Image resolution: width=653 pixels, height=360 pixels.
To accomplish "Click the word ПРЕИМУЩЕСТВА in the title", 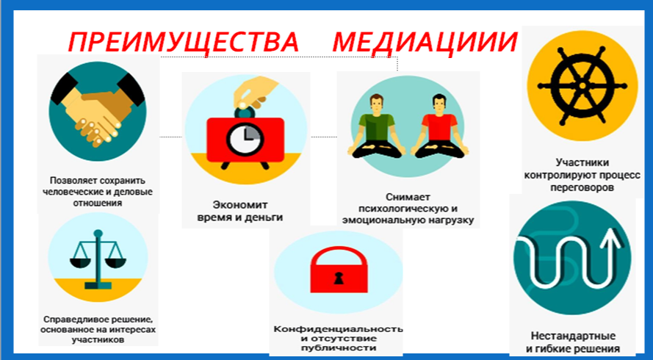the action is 184,42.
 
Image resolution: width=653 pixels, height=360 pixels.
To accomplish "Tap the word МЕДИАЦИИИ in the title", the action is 425,42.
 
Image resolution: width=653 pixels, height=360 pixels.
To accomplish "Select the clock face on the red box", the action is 245,140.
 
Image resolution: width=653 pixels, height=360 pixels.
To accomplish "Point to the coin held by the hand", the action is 242,104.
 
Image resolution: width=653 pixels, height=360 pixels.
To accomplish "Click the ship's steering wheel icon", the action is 582,86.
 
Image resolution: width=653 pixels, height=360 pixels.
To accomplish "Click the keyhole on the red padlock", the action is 339,277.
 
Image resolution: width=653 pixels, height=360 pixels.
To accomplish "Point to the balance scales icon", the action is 98,259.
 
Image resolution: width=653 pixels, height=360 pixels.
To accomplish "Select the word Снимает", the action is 408,196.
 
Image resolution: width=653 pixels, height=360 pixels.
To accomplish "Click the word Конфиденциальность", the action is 338,328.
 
